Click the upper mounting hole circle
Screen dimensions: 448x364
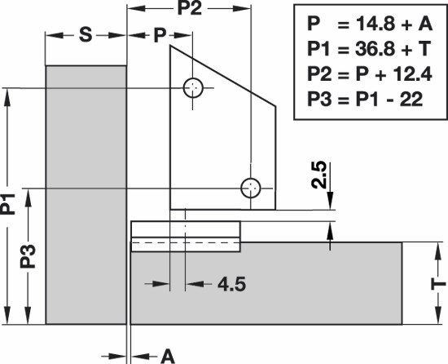[x=193, y=78]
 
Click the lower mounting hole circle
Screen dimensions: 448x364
[x=251, y=179]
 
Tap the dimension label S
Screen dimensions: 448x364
[x=86, y=35]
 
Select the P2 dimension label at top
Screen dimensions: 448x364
[x=190, y=8]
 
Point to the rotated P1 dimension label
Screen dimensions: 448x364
[x=7, y=204]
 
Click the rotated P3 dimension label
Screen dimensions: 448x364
[x=28, y=256]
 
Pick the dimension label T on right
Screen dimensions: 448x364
[x=438, y=285]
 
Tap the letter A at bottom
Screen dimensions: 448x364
[x=168, y=357]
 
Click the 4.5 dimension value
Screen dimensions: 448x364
[x=231, y=285]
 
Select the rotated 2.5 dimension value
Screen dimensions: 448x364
[x=318, y=175]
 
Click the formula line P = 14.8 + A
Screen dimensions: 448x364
[x=370, y=24]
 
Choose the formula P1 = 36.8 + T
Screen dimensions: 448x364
[x=369, y=49]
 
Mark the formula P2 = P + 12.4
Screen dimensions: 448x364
[x=370, y=74]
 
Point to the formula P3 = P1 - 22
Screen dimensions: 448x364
[x=365, y=100]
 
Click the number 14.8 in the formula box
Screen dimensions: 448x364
[x=375, y=24]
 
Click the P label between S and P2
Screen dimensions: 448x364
[x=160, y=35]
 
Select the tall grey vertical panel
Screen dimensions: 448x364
[x=86, y=195]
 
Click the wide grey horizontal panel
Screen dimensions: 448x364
[x=266, y=283]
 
